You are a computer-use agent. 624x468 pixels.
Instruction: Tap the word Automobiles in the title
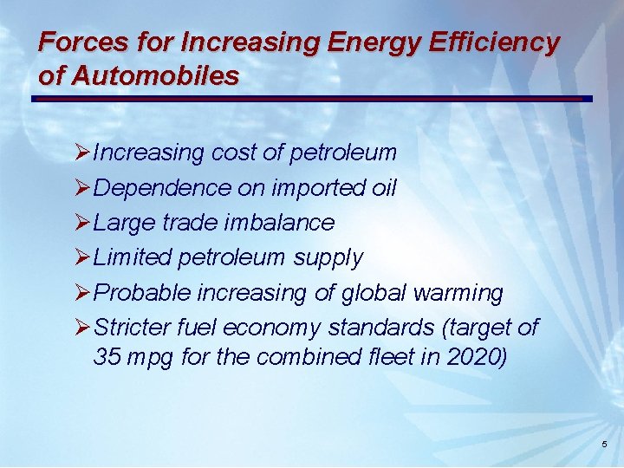(155, 75)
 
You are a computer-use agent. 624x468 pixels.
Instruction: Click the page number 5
(604, 445)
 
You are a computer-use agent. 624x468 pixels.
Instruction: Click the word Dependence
(162, 188)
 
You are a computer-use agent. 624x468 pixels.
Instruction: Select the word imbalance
(279, 223)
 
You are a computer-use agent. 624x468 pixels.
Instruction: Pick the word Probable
(141, 293)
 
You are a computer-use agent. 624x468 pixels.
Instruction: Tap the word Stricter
(132, 328)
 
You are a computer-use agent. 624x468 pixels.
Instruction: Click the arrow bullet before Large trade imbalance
(83, 223)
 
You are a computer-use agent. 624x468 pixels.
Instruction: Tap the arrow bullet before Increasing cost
(83, 153)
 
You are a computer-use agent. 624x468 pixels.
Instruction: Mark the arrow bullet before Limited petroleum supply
(83, 257)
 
